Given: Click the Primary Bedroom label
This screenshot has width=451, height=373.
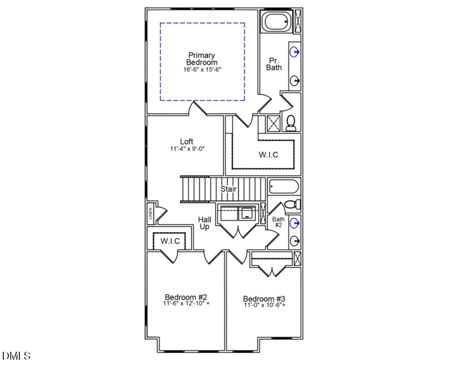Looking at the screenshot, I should point(202,59).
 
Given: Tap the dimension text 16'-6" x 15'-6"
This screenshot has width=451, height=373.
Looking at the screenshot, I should point(202,70).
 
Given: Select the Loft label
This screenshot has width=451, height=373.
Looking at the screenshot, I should point(187,141).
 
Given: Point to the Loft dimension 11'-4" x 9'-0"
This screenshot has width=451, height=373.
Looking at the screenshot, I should point(187,149).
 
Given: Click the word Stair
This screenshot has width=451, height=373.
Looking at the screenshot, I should point(228,189).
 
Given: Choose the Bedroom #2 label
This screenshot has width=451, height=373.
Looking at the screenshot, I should point(187,296).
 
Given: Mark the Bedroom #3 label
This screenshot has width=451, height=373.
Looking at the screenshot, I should point(264,299).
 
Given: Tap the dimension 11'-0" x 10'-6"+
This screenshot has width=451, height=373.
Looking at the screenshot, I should point(264,305).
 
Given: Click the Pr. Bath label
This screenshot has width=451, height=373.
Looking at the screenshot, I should point(274,64).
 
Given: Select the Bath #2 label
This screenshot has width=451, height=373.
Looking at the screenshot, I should point(278,222).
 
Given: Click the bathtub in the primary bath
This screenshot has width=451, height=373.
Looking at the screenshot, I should point(276,23).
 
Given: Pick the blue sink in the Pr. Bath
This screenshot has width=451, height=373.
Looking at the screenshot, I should point(294,53).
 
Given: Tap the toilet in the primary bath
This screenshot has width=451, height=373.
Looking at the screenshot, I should point(291,122).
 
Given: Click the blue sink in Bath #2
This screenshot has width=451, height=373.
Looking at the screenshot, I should point(294,223).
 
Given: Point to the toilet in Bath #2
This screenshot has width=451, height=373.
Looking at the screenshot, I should point(291,204).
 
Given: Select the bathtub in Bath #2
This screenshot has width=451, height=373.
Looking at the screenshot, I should point(284,186).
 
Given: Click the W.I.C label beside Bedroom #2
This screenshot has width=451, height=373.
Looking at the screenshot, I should point(170,241).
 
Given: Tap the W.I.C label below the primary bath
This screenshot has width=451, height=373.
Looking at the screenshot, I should point(268,155).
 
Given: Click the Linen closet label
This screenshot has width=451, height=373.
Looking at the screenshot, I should point(151,213).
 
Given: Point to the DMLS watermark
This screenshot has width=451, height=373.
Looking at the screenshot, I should point(16,356).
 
